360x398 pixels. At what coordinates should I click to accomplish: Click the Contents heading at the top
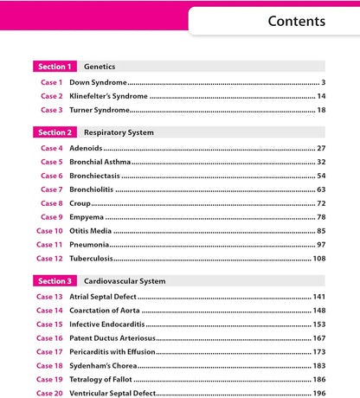[296, 21]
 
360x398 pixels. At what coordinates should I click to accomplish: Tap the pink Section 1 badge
[55, 66]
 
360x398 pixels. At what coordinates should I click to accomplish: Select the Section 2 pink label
[55, 132]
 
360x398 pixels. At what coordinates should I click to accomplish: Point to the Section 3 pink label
[55, 281]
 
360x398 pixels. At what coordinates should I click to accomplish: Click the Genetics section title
[100, 66]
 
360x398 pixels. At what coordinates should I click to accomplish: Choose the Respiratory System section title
[119, 132]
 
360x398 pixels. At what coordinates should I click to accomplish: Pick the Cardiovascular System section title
[125, 281]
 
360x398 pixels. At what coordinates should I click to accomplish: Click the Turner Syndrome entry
[100, 110]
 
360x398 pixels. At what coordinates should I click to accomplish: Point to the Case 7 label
[51, 189]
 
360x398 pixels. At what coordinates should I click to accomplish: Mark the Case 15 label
[49, 324]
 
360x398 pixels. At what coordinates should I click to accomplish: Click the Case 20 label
[49, 394]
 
